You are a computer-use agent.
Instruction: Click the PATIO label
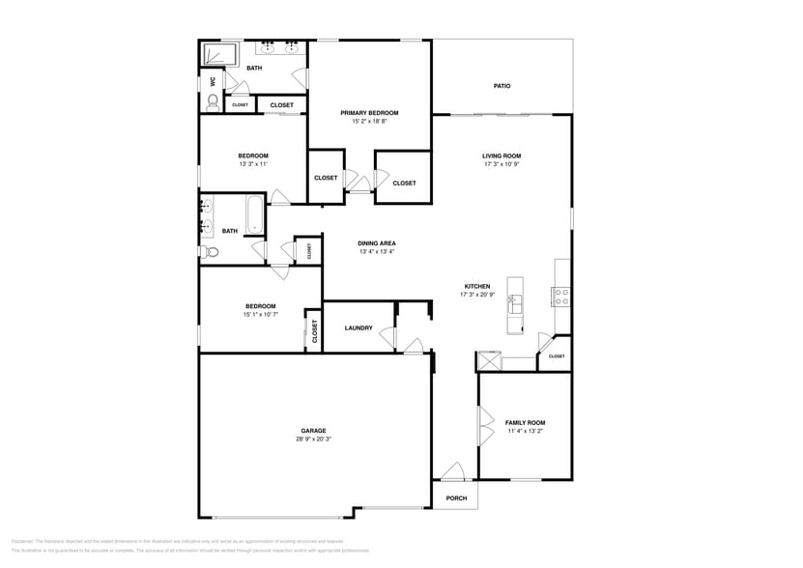(x=502, y=86)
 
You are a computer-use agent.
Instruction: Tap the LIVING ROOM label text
(x=502, y=156)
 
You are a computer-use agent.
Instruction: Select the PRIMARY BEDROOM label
(x=369, y=113)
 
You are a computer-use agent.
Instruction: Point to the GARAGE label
(x=312, y=431)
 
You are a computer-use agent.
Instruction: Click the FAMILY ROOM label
(x=526, y=422)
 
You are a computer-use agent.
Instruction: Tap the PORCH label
(x=456, y=498)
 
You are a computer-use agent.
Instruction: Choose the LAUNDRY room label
(x=358, y=328)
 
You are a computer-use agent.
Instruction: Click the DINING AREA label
(x=377, y=243)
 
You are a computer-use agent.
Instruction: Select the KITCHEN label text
(x=477, y=286)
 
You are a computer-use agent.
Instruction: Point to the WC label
(x=213, y=82)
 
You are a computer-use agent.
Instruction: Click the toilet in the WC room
(x=213, y=100)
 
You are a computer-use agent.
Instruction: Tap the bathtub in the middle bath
(x=254, y=215)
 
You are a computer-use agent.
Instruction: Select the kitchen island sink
(x=515, y=302)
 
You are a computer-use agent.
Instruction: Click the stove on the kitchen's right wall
(x=560, y=297)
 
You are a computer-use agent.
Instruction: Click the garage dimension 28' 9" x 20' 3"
(x=312, y=440)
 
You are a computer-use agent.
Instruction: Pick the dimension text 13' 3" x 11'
(x=253, y=164)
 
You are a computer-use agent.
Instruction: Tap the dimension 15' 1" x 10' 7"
(x=259, y=315)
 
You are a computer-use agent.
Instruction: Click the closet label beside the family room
(x=557, y=356)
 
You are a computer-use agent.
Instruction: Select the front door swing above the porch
(x=450, y=472)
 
